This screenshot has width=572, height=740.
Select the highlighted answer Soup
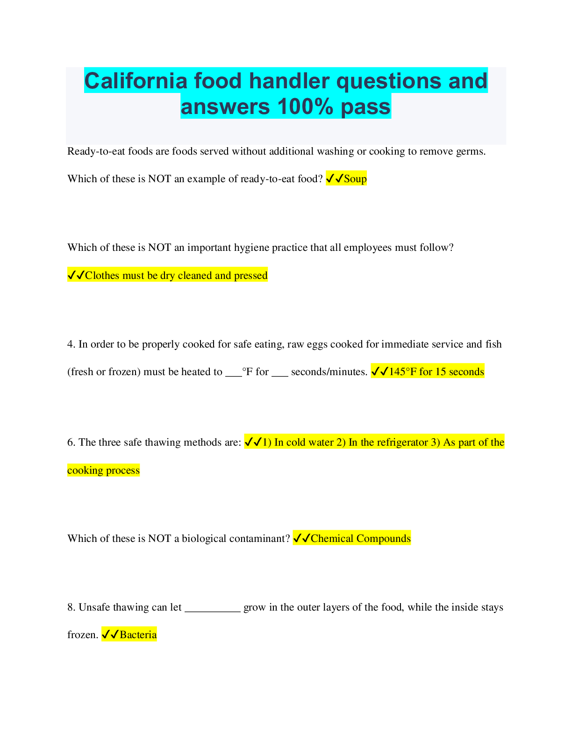[x=355, y=178]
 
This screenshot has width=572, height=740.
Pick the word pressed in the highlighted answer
[x=250, y=276]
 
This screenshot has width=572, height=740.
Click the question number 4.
[x=71, y=344]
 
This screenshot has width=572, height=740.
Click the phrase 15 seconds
[x=459, y=372]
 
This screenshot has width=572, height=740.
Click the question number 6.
[x=71, y=442]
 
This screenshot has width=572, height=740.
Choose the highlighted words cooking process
[x=103, y=470]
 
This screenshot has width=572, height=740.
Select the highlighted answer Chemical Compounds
[x=360, y=539]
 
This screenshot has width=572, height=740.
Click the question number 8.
[x=71, y=607]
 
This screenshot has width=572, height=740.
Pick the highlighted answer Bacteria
[x=138, y=635]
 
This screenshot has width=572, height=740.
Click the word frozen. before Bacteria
[x=83, y=635]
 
